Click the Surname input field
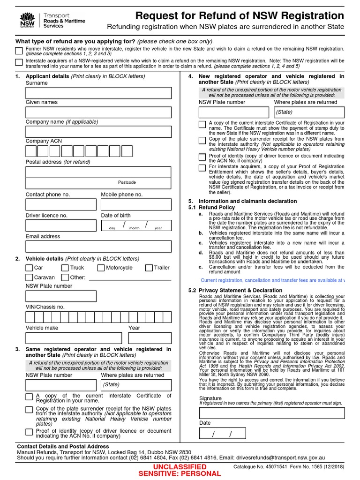point(98,93)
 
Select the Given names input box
point(98,112)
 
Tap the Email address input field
point(98,247)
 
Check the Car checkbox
point(29,268)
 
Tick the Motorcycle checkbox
point(101,268)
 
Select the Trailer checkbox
point(149,268)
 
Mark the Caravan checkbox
point(29,277)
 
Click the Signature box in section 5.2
point(271,413)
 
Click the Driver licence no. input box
point(61,225)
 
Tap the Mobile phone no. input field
point(136,204)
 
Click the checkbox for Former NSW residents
point(18,51)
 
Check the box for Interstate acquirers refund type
point(18,62)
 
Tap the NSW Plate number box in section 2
point(61,296)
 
